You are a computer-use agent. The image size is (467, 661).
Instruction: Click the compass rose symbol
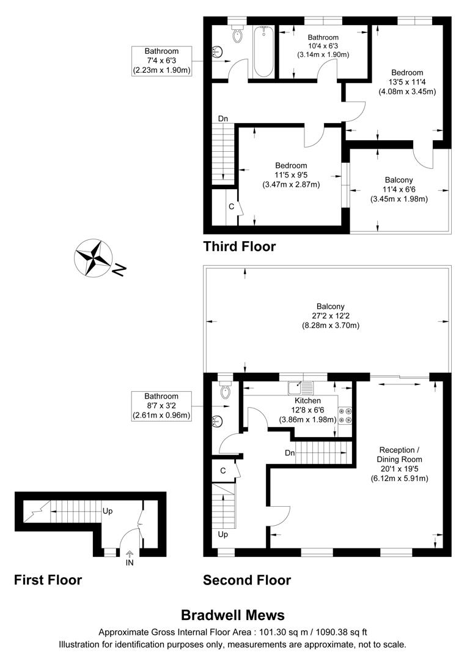coord(92,257)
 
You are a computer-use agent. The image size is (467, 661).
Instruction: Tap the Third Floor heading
coord(240,247)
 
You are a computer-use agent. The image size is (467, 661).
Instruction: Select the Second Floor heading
coord(247,580)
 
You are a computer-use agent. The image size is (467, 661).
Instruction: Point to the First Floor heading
coord(48,580)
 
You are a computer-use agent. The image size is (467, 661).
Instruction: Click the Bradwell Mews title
coord(233,615)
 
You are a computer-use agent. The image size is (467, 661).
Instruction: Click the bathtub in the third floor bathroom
coord(263,51)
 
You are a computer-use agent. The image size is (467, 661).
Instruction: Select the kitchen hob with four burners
coord(345,415)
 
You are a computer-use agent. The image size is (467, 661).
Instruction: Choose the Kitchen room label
coord(307,400)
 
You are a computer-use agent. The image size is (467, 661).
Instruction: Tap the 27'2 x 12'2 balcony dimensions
coord(330,316)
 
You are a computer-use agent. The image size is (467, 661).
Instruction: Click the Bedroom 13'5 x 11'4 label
coord(406,82)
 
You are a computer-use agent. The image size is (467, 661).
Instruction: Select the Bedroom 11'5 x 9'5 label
coord(291,174)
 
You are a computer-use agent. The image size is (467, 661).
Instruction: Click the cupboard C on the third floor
coord(231,206)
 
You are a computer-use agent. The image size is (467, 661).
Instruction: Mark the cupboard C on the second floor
coord(223,470)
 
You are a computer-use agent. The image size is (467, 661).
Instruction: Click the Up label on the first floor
coord(108,510)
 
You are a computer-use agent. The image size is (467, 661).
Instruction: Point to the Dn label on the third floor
coord(223,119)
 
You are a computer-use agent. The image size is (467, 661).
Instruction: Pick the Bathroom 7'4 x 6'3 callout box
coord(161,61)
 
